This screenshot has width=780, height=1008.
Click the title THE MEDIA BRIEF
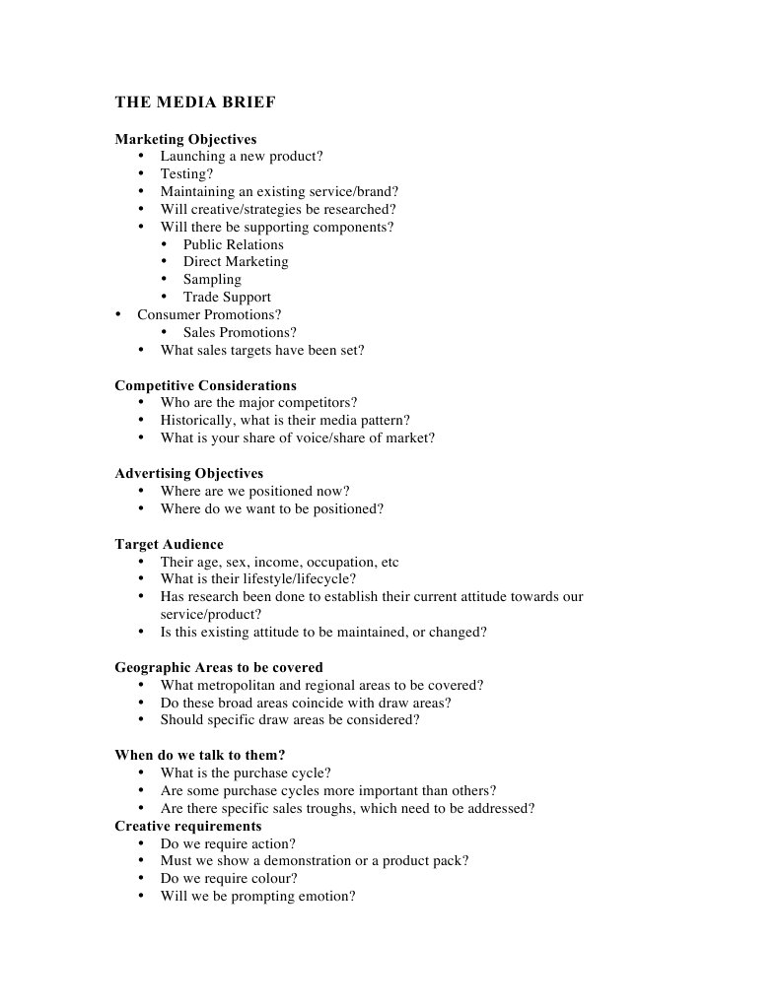tap(195, 102)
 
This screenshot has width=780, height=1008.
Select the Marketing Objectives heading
tap(185, 139)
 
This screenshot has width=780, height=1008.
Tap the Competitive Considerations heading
tap(205, 385)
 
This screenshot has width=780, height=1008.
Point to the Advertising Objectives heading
tap(188, 473)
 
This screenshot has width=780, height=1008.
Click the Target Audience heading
tap(169, 544)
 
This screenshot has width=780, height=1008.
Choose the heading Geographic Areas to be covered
tap(218, 667)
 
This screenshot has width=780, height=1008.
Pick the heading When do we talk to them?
tap(199, 755)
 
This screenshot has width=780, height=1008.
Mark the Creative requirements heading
tap(187, 826)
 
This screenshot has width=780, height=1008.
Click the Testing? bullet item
tap(186, 174)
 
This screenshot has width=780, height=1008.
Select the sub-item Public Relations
tap(233, 244)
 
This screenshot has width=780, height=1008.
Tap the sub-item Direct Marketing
tap(236, 262)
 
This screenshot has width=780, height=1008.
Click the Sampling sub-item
tap(212, 280)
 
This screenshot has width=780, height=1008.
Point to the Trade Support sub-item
tap(227, 298)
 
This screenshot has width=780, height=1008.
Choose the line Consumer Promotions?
tap(209, 315)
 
